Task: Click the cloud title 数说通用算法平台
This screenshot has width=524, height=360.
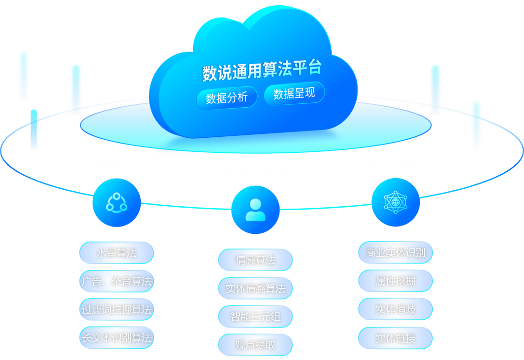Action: tap(262, 70)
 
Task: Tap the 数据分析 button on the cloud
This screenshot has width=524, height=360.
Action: tap(227, 98)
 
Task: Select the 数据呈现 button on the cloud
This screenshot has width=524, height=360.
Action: tap(294, 94)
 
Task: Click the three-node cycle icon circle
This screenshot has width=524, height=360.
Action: tap(116, 202)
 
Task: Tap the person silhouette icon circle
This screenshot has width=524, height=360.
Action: tap(255, 210)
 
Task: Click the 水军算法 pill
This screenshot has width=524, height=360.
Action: tap(116, 253)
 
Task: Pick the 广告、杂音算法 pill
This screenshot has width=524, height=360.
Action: tap(116, 281)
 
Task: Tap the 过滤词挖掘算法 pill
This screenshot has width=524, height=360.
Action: tap(116, 309)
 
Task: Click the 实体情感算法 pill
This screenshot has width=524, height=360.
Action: tap(255, 289)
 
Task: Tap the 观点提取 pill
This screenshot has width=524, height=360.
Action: tap(255, 345)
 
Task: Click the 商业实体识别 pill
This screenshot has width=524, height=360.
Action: tap(395, 253)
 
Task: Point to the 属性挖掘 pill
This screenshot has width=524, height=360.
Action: tap(395, 281)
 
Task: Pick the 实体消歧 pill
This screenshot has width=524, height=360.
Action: tap(395, 309)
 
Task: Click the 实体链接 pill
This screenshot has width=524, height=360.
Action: tap(395, 338)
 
